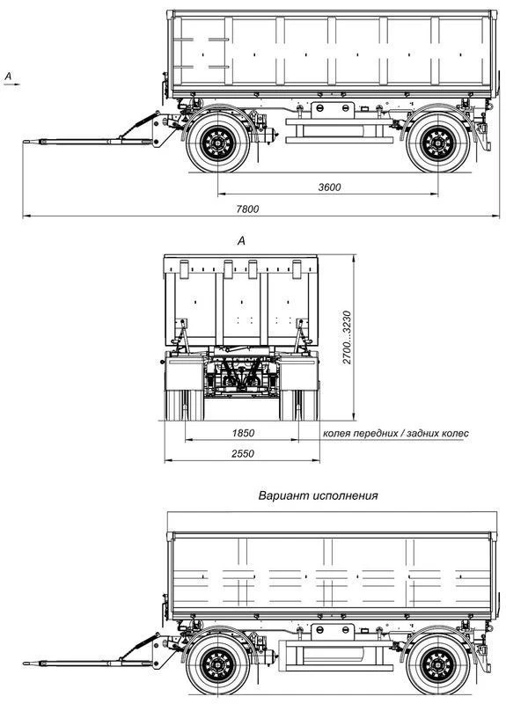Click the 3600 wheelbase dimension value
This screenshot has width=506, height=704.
pyautogui.click(x=329, y=187)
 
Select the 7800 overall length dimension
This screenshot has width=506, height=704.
pyautogui.click(x=247, y=209)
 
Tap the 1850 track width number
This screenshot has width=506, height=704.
pyautogui.click(x=243, y=433)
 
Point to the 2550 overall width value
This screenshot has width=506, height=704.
pyautogui.click(x=243, y=453)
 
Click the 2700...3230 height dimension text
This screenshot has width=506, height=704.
pyautogui.click(x=347, y=337)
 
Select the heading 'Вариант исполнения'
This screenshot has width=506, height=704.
pyautogui.click(x=318, y=495)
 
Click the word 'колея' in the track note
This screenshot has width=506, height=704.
pyautogui.click(x=337, y=433)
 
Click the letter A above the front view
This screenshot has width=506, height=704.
pyautogui.click(x=241, y=241)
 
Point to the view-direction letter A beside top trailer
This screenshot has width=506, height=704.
pyautogui.click(x=8, y=77)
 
